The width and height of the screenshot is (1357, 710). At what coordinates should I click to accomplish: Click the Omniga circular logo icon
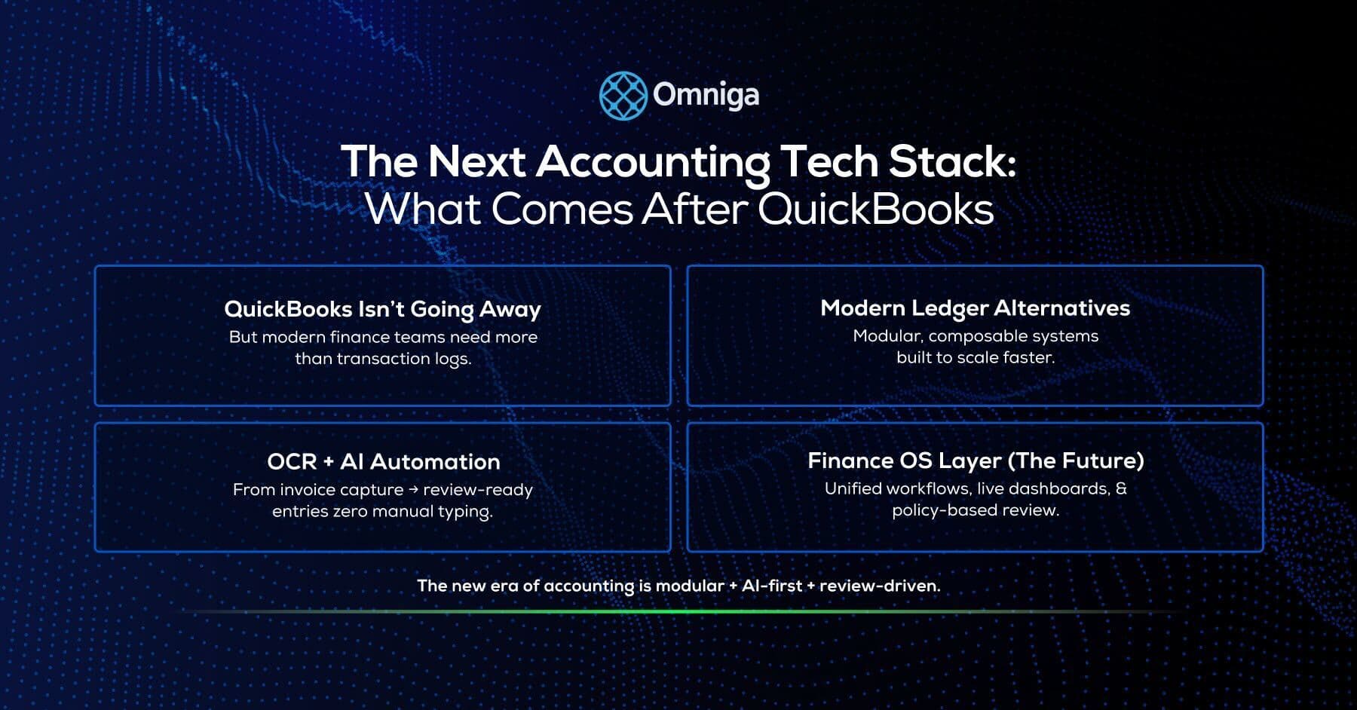coord(623,96)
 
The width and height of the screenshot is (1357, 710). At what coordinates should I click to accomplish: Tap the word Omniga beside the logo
coord(706,95)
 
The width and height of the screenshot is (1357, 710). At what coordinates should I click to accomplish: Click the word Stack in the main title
coord(952,161)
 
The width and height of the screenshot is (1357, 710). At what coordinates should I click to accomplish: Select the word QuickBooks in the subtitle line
coord(875,209)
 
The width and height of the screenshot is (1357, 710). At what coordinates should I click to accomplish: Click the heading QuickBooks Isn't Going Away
coord(382,309)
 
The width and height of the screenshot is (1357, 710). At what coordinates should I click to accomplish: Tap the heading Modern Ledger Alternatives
coord(975,308)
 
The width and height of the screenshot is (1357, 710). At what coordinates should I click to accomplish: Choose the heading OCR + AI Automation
coord(383,461)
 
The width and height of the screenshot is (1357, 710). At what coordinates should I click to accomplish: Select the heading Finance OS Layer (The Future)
coord(976,461)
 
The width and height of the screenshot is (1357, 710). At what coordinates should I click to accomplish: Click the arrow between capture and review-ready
coord(413,490)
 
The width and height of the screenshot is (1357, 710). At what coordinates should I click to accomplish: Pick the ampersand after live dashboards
coord(1121,488)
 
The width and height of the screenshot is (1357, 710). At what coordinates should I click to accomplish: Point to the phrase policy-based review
coord(976,510)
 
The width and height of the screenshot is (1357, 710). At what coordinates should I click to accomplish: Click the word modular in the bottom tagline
coord(689,586)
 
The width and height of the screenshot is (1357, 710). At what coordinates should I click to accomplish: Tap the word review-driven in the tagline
coord(879,586)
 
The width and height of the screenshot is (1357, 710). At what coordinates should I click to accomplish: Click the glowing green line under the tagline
coord(678,611)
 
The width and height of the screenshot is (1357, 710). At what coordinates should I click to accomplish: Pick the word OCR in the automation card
coord(292,461)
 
